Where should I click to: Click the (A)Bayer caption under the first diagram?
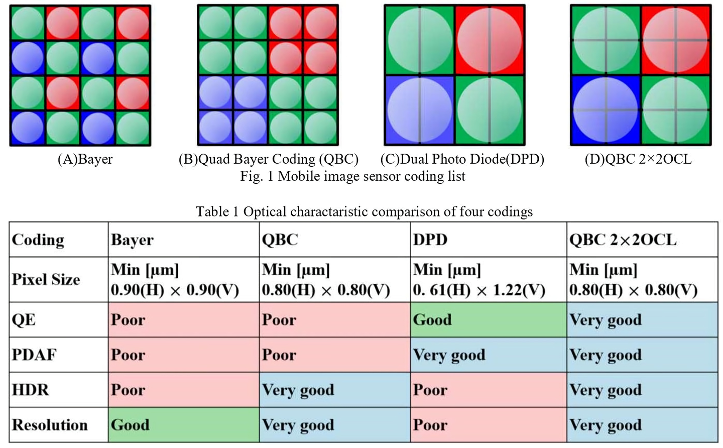pyautogui.click(x=85, y=159)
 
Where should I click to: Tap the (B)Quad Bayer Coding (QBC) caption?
pyautogui.click(x=269, y=159)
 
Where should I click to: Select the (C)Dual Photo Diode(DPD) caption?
pyautogui.click(x=462, y=159)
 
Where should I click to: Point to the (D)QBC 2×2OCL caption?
pyautogui.click(x=638, y=159)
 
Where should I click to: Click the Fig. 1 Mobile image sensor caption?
pyautogui.click(x=352, y=176)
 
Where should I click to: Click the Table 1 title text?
pyautogui.click(x=364, y=211)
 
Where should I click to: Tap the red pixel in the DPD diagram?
pyautogui.click(x=490, y=40)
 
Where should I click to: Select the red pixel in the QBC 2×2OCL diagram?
pyautogui.click(x=676, y=40)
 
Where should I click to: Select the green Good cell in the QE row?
pyautogui.click(x=488, y=319)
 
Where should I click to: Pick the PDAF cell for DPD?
pyautogui.click(x=488, y=355)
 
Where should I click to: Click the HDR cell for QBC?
pyautogui.click(x=334, y=390)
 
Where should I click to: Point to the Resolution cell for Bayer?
pyautogui.click(x=183, y=425)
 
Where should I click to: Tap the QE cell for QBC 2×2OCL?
pyautogui.click(x=642, y=319)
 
